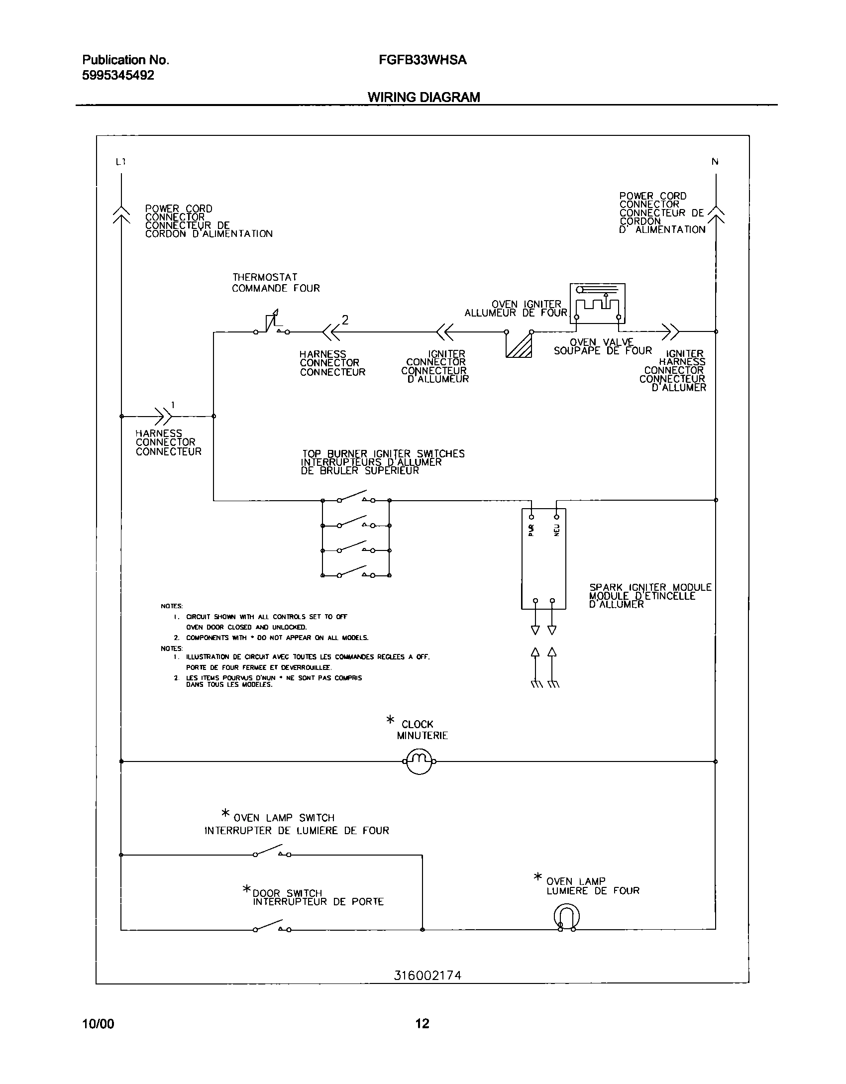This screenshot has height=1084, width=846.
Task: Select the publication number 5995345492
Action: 118,76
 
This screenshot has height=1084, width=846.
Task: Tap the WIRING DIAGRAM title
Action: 423,97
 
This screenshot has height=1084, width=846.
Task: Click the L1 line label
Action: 120,162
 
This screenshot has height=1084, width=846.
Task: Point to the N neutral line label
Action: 715,162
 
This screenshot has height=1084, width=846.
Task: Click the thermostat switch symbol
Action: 271,325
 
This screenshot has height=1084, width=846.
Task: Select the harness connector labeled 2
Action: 331,331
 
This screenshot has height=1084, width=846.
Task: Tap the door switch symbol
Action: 271,927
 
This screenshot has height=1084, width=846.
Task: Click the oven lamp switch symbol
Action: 271,852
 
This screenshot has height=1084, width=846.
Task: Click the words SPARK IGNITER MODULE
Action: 650,587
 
